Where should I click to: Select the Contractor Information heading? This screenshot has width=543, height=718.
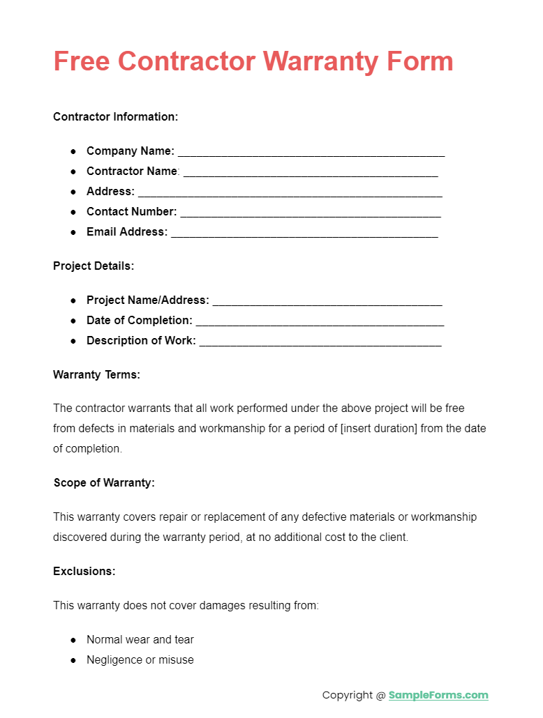[116, 116]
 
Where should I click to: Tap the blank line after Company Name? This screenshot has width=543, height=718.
[311, 152]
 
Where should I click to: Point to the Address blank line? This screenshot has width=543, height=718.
[290, 192]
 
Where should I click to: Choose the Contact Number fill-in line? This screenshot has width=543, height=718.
[311, 213]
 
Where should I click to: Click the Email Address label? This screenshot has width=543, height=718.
[127, 231]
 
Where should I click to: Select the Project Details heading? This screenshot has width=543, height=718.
[94, 266]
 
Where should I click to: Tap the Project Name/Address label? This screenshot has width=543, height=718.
[148, 300]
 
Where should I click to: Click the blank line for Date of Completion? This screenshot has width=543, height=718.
[320, 321]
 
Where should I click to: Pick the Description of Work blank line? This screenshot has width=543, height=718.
[320, 342]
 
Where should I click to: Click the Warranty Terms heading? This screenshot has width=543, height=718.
[96, 374]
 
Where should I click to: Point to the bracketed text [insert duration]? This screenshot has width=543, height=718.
[378, 428]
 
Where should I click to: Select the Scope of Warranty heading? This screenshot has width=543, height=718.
[104, 482]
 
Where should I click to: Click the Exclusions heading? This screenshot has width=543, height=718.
[84, 571]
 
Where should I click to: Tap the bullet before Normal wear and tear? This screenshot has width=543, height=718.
[73, 639]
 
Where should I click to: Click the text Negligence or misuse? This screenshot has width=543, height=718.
[140, 659]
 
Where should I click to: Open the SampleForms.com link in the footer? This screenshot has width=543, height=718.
[438, 695]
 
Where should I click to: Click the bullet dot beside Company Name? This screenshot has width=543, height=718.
[73, 151]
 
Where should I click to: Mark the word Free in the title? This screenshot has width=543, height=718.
[81, 61]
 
